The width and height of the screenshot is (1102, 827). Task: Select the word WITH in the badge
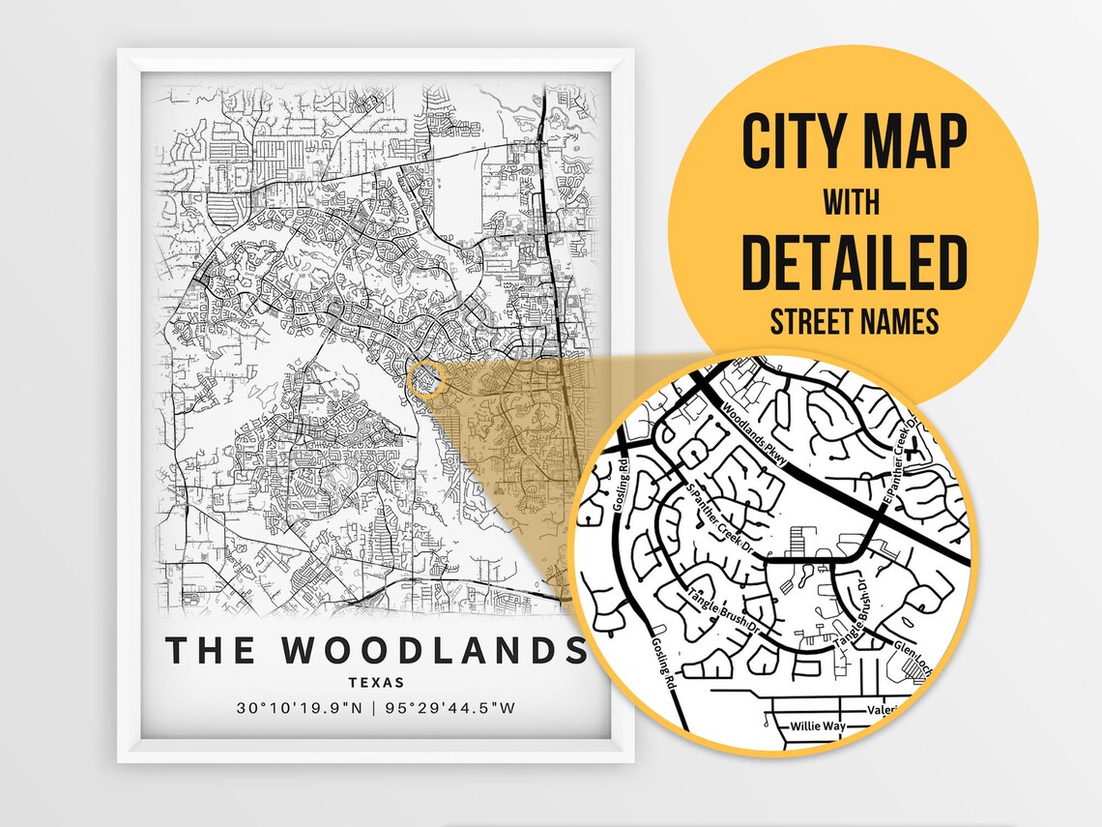(853, 204)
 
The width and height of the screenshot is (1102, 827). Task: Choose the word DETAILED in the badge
(854, 262)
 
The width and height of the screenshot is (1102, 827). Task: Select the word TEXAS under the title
(376, 682)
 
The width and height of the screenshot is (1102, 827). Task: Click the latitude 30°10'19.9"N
(299, 708)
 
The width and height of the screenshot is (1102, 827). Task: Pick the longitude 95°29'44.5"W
(450, 708)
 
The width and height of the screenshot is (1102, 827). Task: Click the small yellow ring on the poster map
(425, 378)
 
